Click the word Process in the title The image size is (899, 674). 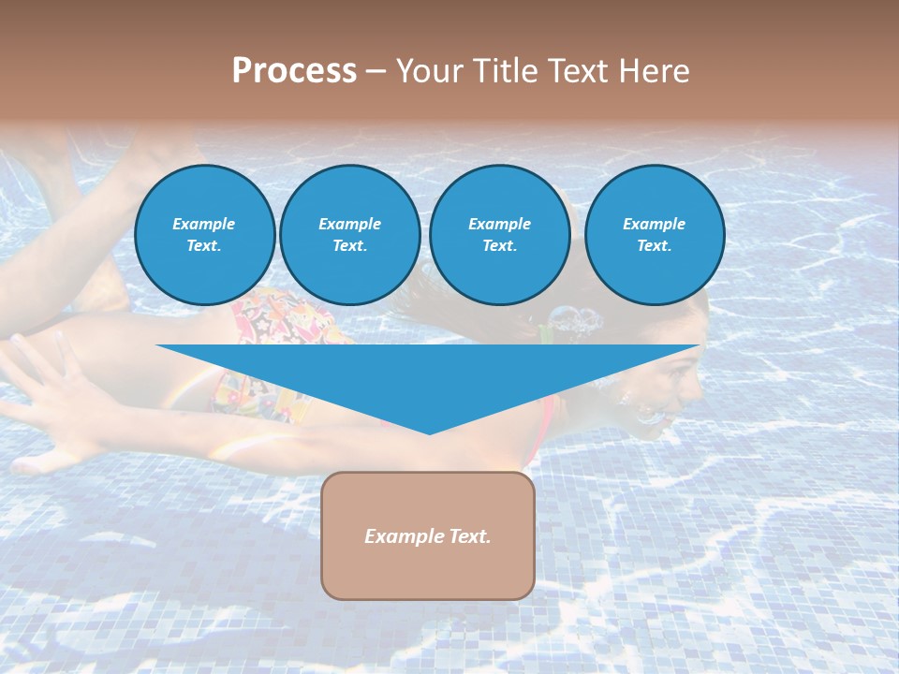(294, 71)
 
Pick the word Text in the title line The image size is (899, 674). (576, 71)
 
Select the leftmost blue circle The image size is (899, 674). (204, 235)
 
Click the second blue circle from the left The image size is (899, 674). (349, 235)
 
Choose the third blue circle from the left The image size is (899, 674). (499, 235)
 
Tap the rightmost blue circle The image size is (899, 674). (654, 235)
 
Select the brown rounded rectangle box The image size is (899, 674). (428, 535)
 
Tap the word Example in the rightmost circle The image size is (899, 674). (654, 224)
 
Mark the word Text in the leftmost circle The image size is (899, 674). (204, 246)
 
